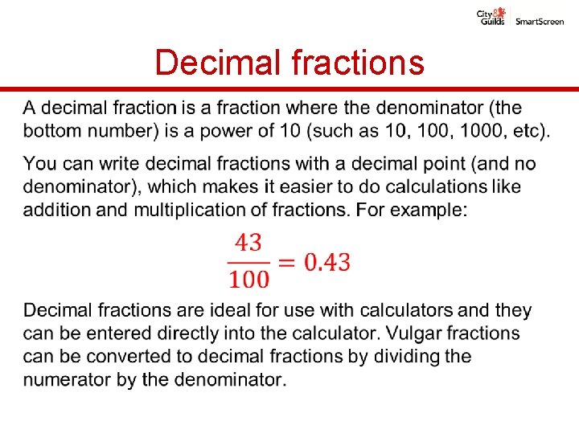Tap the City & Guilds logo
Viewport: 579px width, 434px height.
point(491,17)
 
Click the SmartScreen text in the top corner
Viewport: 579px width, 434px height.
point(540,22)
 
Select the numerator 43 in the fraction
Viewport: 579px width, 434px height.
point(250,243)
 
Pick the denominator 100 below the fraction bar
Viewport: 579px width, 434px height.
point(249,280)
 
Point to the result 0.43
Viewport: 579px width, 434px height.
point(326,262)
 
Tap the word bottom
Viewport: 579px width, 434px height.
point(55,130)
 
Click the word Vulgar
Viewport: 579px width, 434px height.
point(413,333)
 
